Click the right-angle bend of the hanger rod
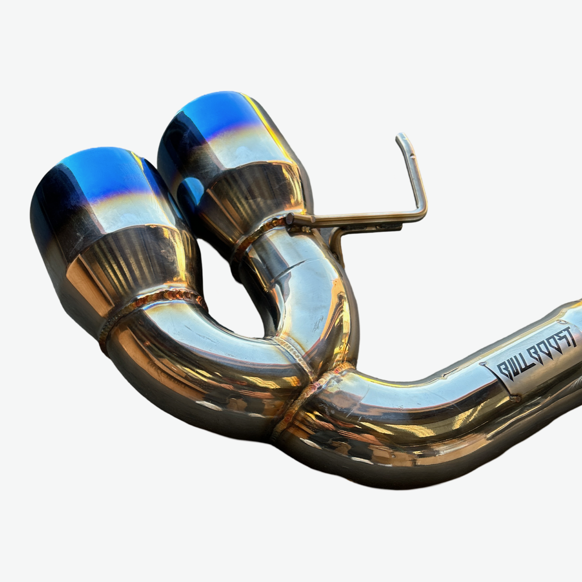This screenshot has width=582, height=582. coord(422,211)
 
